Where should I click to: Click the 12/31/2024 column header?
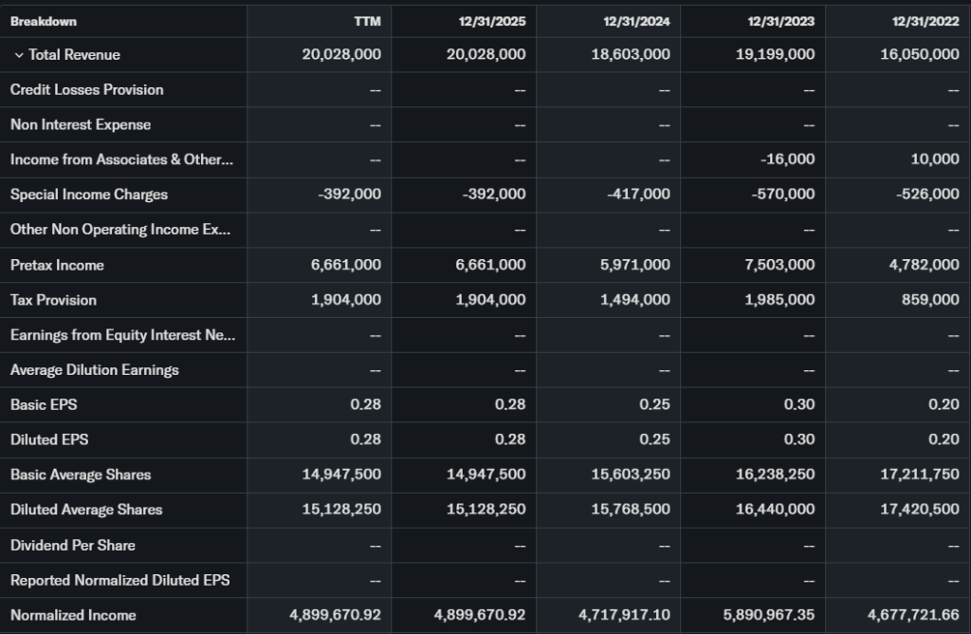[x=636, y=21]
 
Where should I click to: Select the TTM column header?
[x=368, y=21]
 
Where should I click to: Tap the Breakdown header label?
[x=44, y=21]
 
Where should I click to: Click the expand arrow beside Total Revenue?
[x=19, y=55]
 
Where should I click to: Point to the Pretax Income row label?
[x=57, y=265]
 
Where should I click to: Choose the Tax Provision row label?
[x=53, y=300]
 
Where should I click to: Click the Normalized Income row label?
[x=73, y=614]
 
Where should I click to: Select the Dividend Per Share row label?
[x=73, y=545]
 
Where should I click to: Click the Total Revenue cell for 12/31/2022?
[x=919, y=55]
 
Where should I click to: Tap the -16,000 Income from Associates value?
[x=787, y=159]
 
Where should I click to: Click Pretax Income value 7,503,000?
[x=779, y=265]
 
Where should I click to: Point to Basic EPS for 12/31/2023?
[x=798, y=404]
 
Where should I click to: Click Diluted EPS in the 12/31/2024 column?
[x=654, y=439]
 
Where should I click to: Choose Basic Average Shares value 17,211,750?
[x=919, y=475]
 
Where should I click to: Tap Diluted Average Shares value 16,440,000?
[x=775, y=510]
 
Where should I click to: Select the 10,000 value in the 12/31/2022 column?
[x=935, y=159]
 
